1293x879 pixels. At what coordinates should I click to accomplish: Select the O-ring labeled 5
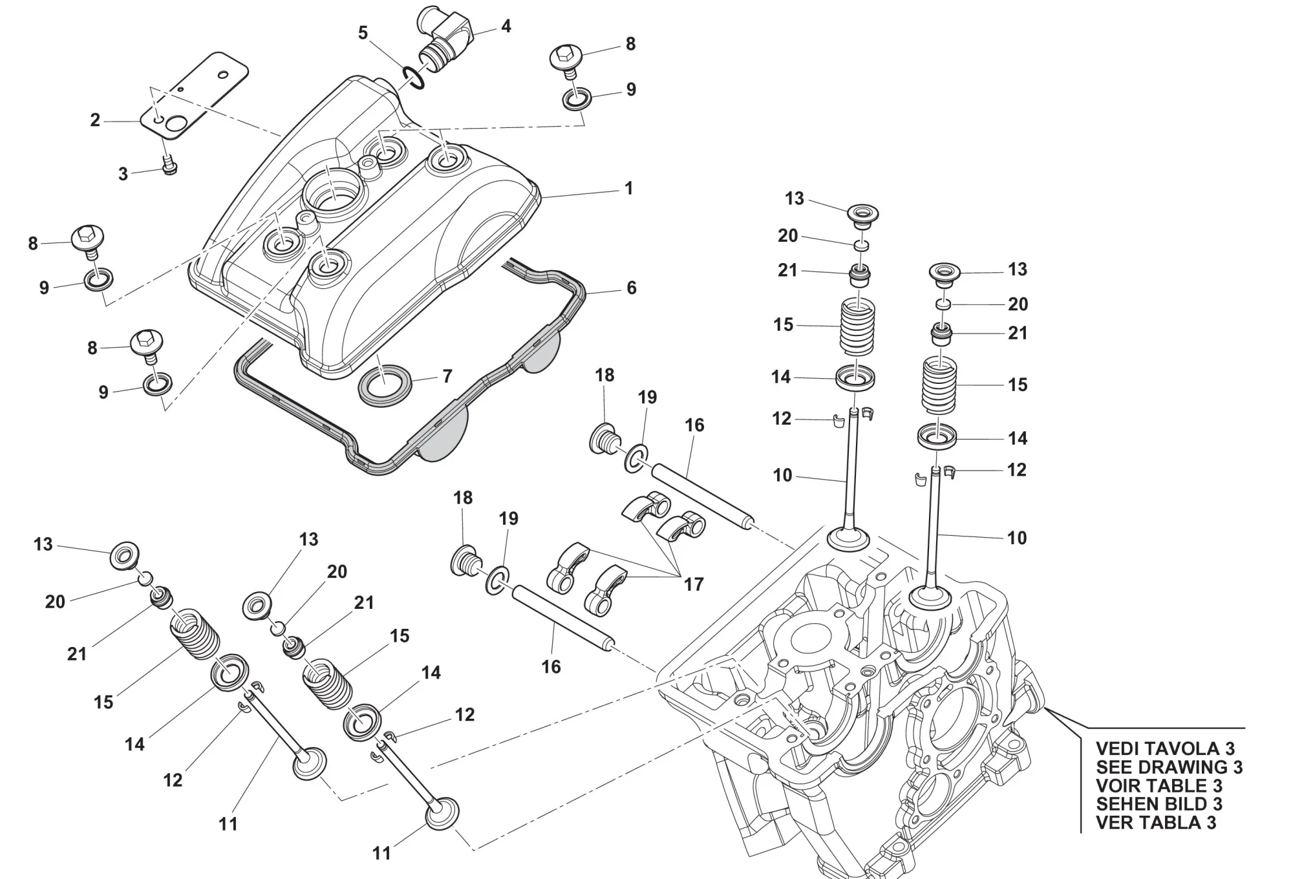(412, 77)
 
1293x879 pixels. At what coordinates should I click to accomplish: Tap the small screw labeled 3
(170, 165)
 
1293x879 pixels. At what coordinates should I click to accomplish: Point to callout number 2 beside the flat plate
(95, 120)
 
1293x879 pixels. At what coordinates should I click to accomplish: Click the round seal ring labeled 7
(384, 385)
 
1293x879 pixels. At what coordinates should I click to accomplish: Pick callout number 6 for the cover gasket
(632, 288)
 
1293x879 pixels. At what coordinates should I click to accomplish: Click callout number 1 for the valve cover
(628, 189)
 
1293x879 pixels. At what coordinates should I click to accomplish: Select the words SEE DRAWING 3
(1169, 767)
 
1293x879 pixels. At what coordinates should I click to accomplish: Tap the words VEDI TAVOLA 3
(1165, 748)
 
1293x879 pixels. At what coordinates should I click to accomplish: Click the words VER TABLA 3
(1156, 823)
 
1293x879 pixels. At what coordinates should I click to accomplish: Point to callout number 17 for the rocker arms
(694, 584)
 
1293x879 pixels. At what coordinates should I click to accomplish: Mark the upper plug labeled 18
(604, 439)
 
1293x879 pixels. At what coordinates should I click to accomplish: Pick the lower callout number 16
(551, 666)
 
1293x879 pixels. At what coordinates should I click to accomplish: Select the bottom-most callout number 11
(381, 853)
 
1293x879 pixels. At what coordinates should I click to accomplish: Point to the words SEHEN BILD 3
(1159, 804)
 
